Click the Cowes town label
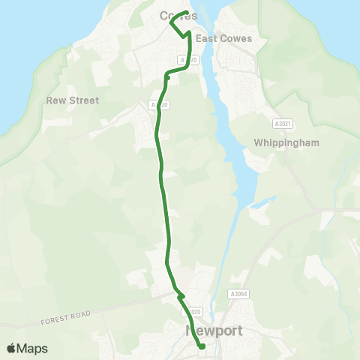click(x=178, y=16)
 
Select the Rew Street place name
click(x=73, y=100)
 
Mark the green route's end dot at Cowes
click(x=185, y=12)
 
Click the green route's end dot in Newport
click(x=202, y=346)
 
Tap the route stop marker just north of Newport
click(x=181, y=297)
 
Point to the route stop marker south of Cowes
click(x=167, y=76)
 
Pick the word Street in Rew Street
click(x=84, y=100)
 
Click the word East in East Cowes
click(x=204, y=39)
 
